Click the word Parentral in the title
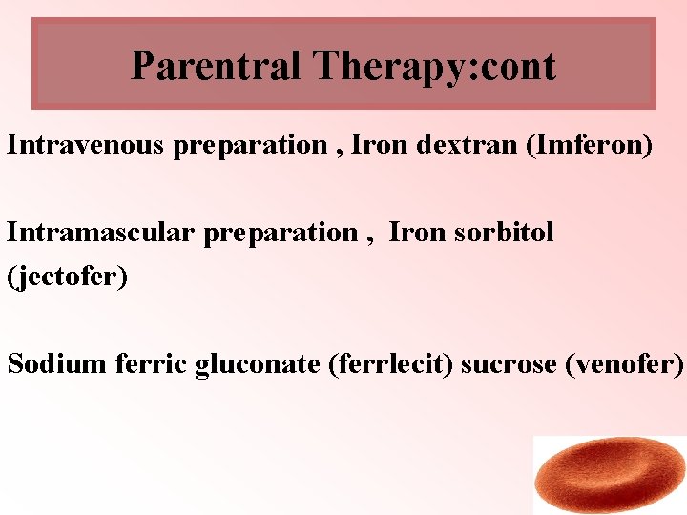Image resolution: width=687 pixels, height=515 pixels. click(x=216, y=66)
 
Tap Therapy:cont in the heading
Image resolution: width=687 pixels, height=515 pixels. click(x=434, y=66)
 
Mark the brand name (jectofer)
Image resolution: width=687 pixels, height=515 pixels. click(x=67, y=277)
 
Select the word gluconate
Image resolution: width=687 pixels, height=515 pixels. click(x=257, y=364)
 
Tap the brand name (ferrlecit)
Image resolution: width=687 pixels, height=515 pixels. click(x=390, y=364)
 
